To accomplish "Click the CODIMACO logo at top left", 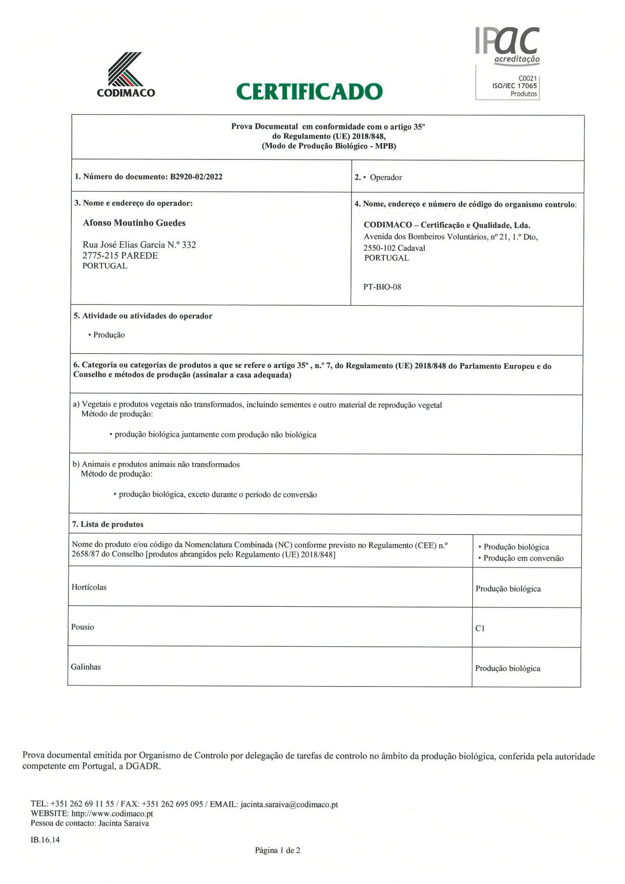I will pos(126,75).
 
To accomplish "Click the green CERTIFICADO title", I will pos(309,92).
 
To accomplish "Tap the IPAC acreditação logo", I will pos(508,46).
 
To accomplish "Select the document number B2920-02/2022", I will pos(196,177).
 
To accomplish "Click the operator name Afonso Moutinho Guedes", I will pos(134,223).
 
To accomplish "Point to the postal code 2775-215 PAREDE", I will pos(120,256).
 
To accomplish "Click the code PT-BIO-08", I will pos(382,287).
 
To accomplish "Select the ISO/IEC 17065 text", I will pos(514,86).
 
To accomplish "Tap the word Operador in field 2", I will pos(386,177).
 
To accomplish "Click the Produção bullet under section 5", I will pos(109,335).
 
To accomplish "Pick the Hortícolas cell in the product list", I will pos(89,587).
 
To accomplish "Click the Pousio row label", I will pos(82,627).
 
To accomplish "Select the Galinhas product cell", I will pos(86,667).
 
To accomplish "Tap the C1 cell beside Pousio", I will pos(480,628).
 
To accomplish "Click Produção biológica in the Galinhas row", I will pos(508,669).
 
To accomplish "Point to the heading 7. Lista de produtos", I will pos(107,524).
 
